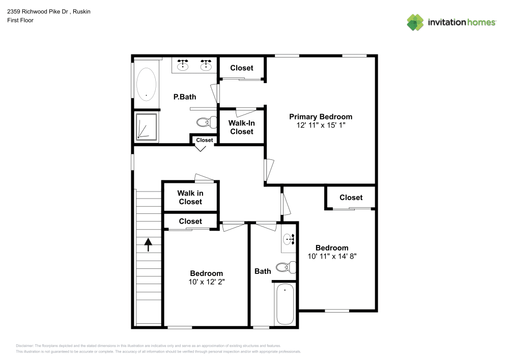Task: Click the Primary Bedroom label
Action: click(x=321, y=117)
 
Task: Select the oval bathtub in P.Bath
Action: click(x=146, y=83)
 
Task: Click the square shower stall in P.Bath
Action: click(x=147, y=127)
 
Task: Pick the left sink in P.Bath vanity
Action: click(x=183, y=66)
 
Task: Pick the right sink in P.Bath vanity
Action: click(x=206, y=66)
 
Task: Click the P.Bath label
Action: click(x=184, y=97)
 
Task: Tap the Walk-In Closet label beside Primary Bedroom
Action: click(x=241, y=127)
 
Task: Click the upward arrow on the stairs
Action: click(x=149, y=245)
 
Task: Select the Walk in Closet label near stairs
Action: click(x=190, y=197)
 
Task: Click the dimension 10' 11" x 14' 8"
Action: click(x=332, y=257)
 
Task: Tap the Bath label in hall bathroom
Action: click(x=263, y=271)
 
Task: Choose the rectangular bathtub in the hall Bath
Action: click(x=285, y=304)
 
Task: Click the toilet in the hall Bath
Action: click(x=286, y=266)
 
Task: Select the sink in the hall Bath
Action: click(x=289, y=239)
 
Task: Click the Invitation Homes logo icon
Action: click(x=415, y=22)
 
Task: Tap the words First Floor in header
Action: click(x=20, y=20)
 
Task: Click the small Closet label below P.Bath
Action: click(x=204, y=140)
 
